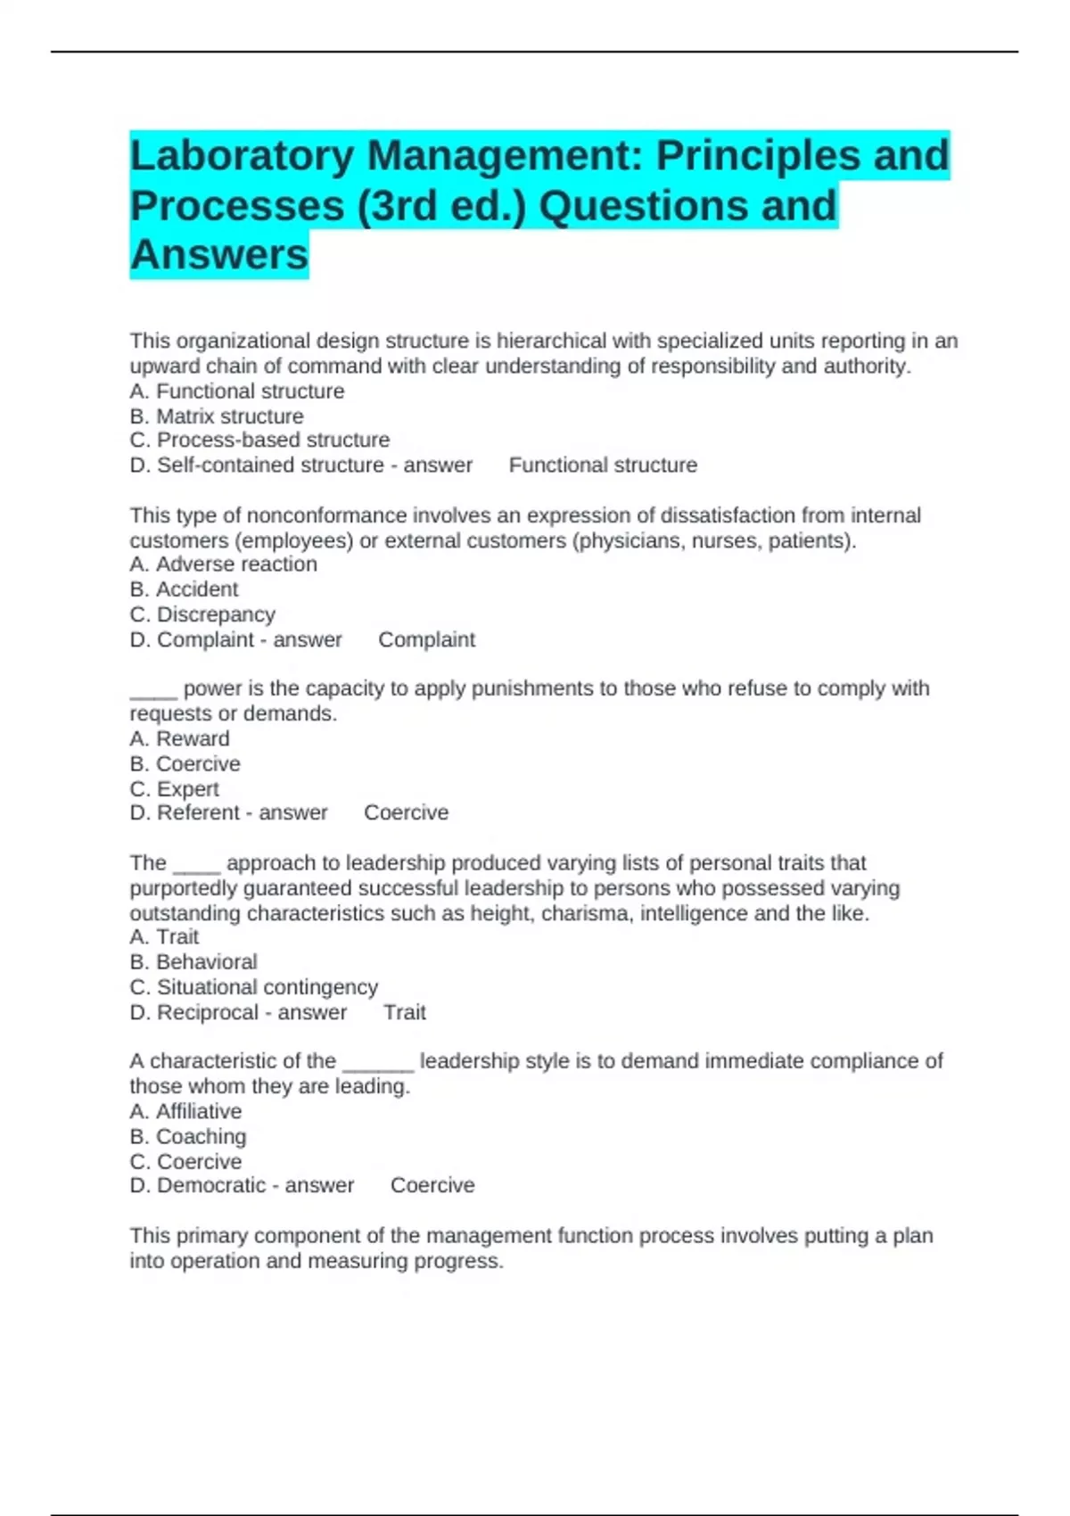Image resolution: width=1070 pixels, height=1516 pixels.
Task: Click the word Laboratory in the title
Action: pos(243,156)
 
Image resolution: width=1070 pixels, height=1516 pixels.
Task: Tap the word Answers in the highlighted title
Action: pos(219,255)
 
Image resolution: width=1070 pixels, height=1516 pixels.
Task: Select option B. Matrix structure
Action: pos(217,416)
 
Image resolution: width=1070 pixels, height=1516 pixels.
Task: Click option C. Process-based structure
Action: pos(259,441)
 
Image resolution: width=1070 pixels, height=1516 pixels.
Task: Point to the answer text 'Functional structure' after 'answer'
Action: pos(603,466)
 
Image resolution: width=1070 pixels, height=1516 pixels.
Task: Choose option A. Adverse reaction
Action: pos(223,564)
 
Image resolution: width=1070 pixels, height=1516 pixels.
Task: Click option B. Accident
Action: pos(184,589)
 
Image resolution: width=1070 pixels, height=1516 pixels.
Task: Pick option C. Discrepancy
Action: pos(202,614)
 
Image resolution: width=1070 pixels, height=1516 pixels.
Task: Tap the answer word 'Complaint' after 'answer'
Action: pos(426,640)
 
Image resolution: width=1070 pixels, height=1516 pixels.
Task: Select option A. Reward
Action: pos(179,739)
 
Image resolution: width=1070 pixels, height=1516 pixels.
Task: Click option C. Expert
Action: pos(174,789)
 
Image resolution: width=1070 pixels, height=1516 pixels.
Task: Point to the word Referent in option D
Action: pos(198,813)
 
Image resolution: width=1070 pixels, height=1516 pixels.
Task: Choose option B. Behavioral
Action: pos(193,962)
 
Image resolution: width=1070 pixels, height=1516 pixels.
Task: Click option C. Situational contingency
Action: pos(253,987)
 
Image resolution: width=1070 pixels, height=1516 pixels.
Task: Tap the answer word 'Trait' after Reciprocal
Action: pos(405,1013)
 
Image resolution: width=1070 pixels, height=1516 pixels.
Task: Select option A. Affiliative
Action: pos(185,1112)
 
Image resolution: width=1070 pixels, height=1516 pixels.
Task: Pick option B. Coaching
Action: pos(188,1137)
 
